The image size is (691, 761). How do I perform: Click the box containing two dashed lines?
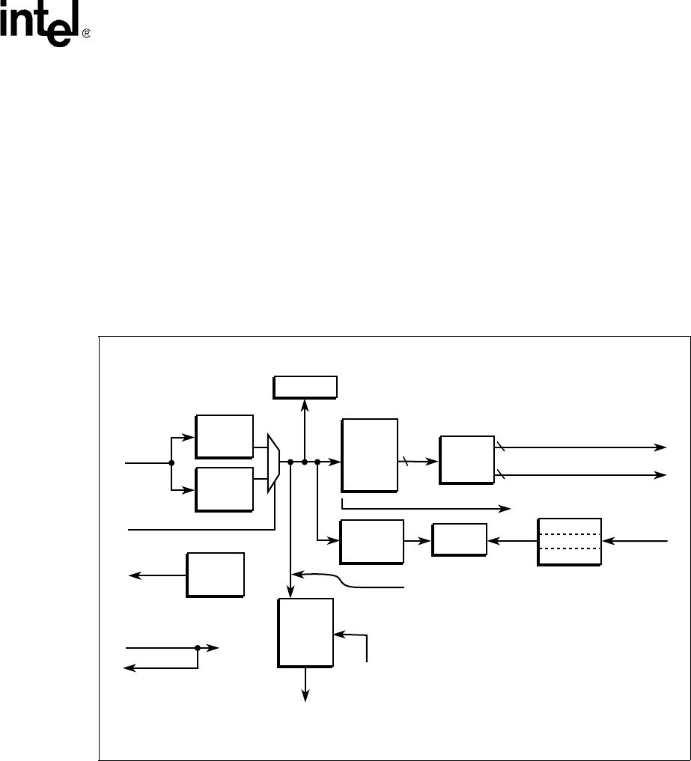569,541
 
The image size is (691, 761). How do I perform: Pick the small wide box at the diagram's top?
305,387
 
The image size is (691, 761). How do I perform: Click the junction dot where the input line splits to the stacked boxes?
171,462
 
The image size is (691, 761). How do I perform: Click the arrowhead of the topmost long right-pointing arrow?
661,447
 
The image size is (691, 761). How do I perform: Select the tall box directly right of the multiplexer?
369,455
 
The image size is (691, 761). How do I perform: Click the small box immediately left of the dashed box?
459,539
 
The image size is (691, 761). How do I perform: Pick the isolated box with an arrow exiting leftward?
216,574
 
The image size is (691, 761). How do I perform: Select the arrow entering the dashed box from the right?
636,540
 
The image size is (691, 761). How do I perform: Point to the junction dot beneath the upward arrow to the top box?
305,462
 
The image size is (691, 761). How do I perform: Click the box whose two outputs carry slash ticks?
467,458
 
